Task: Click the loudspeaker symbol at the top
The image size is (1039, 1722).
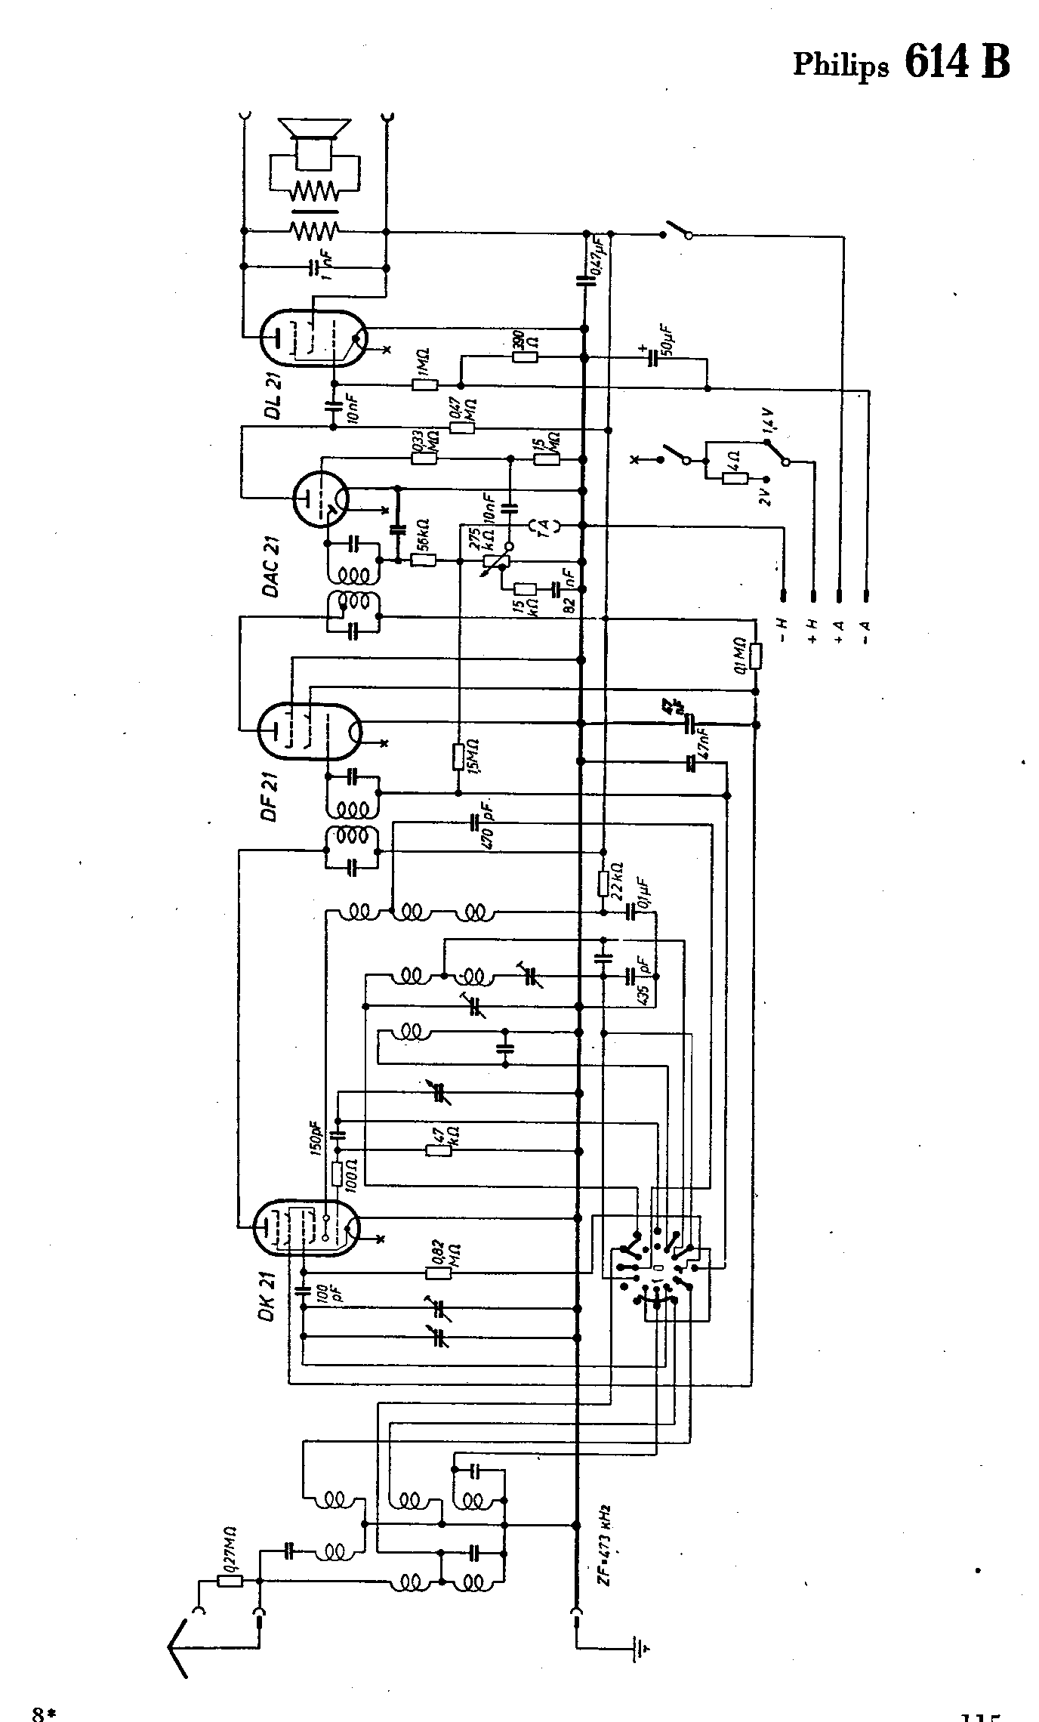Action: coord(313,143)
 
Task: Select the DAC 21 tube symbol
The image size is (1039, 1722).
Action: coord(319,499)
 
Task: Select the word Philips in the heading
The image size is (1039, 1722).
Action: coord(840,65)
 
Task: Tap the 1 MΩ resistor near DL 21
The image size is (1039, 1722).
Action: coord(424,384)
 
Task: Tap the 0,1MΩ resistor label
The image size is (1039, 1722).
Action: coord(741,654)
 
